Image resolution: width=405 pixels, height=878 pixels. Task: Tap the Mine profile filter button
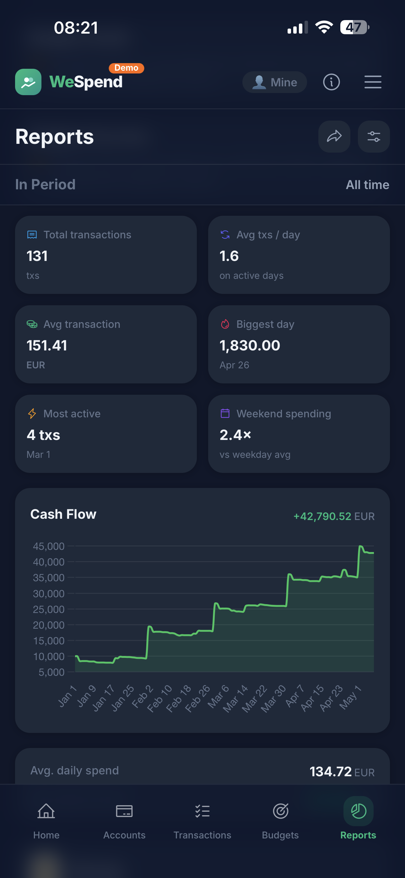(x=274, y=82)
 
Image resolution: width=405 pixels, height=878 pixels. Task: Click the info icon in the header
(x=331, y=82)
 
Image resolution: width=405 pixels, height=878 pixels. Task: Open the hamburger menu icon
(x=373, y=82)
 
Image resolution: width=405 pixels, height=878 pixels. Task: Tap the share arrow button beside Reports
(x=334, y=137)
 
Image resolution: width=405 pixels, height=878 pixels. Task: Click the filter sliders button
(x=374, y=137)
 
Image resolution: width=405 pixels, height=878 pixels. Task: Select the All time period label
(x=368, y=185)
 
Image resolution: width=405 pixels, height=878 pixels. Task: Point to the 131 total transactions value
(x=37, y=256)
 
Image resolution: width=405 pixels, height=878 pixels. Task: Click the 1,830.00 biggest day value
(x=250, y=346)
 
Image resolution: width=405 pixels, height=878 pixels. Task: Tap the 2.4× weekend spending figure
(x=235, y=435)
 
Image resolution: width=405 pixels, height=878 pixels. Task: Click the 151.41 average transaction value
(x=47, y=346)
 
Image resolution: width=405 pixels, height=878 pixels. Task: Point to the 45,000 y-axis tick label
(x=49, y=546)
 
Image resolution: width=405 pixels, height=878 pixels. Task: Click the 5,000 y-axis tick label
(x=51, y=672)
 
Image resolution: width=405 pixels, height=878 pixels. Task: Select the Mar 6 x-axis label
(x=218, y=696)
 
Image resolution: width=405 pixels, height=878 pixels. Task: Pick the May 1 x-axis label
(x=350, y=697)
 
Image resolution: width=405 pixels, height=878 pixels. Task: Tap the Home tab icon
(x=46, y=811)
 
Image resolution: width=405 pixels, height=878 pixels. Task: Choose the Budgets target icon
(x=281, y=811)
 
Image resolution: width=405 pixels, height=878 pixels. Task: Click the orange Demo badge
(x=127, y=68)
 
